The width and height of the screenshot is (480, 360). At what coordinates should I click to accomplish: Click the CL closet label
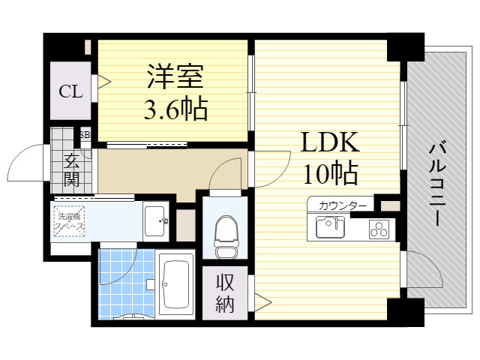(x=71, y=92)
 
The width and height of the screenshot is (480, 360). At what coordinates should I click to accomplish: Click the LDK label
(x=331, y=142)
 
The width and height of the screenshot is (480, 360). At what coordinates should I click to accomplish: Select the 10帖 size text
(x=331, y=173)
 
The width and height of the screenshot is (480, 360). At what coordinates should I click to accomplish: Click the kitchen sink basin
(x=329, y=226)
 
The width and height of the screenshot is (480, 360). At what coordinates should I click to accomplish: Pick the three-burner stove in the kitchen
(x=379, y=229)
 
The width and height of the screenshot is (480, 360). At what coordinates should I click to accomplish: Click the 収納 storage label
(x=225, y=293)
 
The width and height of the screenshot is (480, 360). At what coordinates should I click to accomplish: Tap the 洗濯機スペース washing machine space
(x=70, y=221)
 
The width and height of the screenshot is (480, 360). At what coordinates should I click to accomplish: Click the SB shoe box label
(x=85, y=134)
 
